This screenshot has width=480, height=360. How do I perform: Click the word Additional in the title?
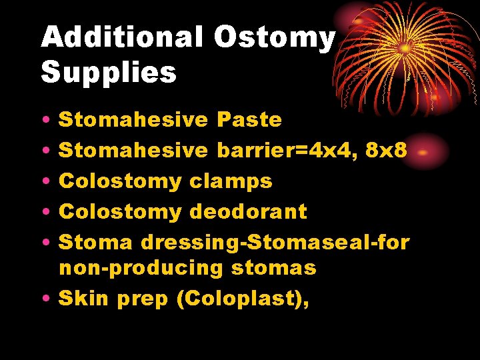click(121, 38)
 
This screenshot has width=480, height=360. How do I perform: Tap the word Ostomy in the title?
click(274, 38)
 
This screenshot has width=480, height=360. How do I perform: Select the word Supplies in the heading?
click(109, 72)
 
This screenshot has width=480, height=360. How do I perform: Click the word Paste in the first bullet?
click(249, 120)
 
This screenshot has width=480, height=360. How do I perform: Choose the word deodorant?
click(249, 212)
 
